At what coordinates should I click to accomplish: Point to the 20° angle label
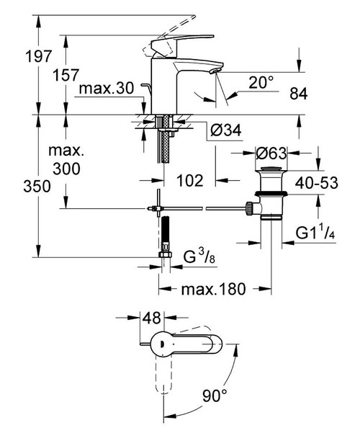(x=261, y=84)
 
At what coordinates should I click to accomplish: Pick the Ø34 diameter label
(x=225, y=131)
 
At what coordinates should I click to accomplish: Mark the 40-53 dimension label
(x=318, y=184)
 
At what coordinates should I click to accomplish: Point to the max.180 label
(x=213, y=290)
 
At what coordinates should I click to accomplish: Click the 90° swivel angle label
(x=214, y=396)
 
